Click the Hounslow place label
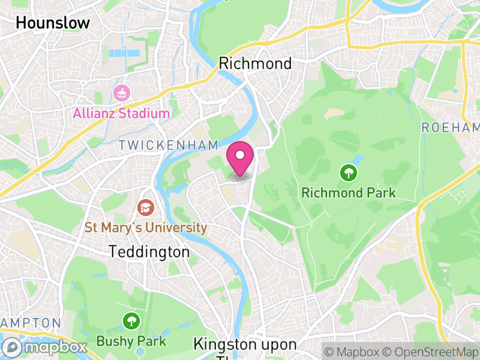coord(53,23)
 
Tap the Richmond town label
coord(256,63)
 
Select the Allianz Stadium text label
coord(121,113)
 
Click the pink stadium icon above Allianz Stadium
coord(121,94)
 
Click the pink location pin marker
coord(241,157)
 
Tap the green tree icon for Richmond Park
coord(348,173)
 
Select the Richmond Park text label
coord(349,193)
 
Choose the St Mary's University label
coord(146,228)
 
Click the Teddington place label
coord(149,252)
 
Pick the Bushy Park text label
coord(131,341)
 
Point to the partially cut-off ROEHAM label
coord(451,127)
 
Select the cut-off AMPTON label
coord(30,323)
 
